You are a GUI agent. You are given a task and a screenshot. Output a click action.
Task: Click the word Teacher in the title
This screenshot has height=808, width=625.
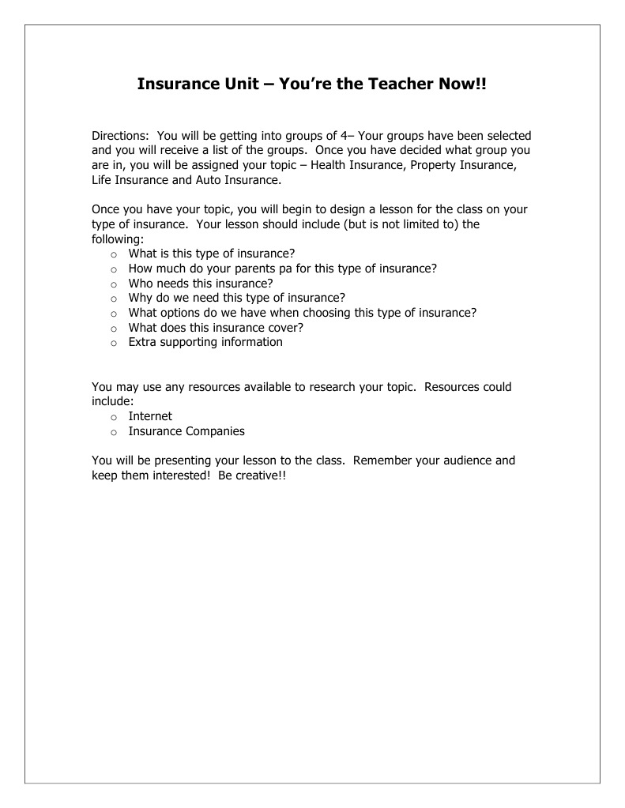point(399,84)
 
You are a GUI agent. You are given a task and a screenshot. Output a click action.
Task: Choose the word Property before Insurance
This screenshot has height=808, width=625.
point(433,165)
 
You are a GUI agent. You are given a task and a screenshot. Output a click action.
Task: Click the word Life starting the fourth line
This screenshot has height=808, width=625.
point(103,180)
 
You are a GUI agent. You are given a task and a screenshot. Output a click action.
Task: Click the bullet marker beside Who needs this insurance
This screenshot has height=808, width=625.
point(114,284)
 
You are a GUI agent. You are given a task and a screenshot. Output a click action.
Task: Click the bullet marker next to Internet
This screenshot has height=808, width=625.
point(114,417)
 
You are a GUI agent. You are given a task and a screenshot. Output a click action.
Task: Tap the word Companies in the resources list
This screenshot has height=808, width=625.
point(215,431)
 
